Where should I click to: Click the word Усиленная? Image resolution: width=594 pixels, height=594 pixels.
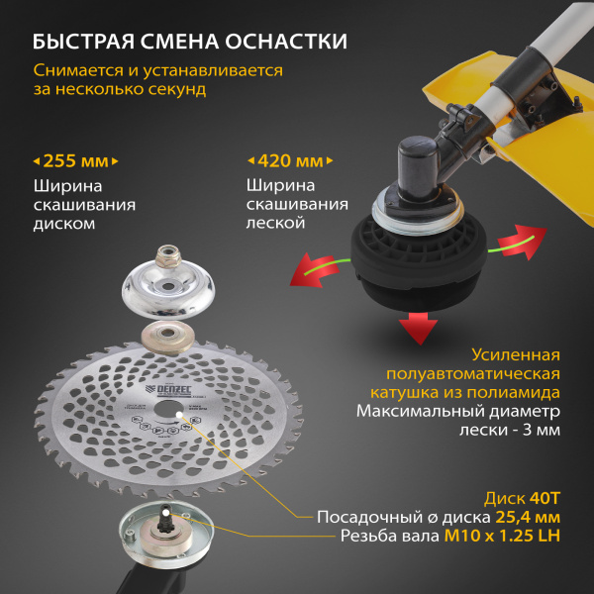(x=516, y=354)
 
